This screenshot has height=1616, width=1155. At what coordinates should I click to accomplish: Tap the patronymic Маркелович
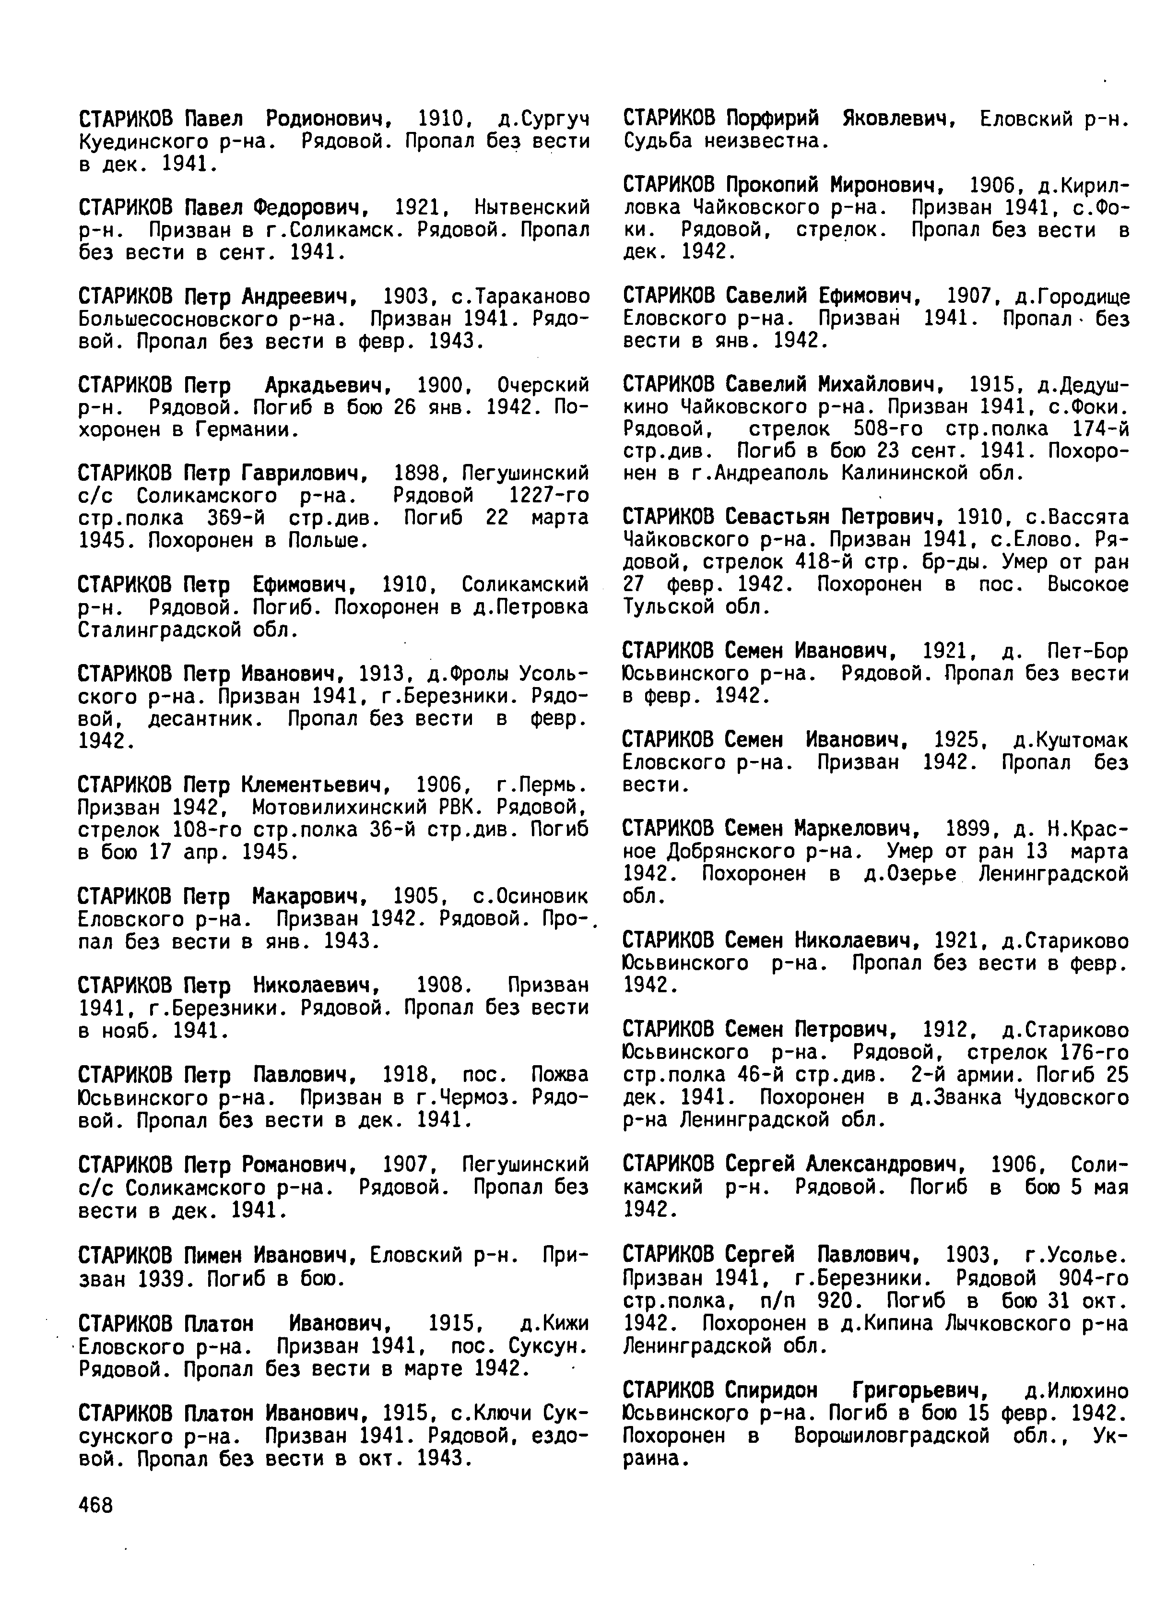[853, 829]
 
